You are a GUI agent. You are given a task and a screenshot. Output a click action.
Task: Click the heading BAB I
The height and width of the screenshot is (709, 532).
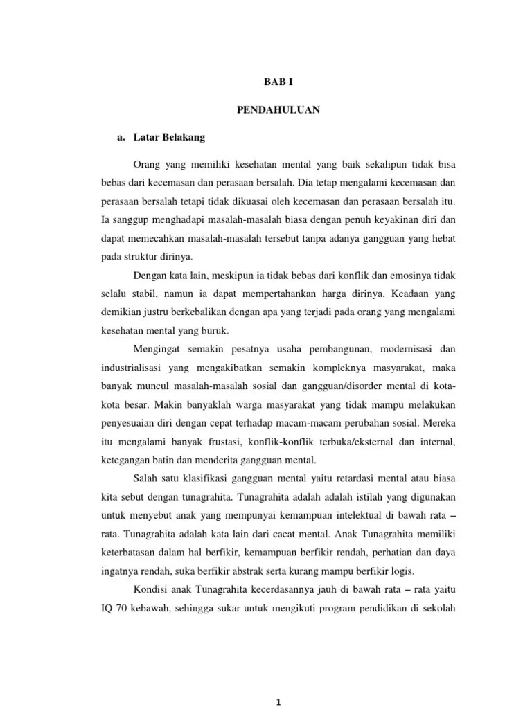[275, 81]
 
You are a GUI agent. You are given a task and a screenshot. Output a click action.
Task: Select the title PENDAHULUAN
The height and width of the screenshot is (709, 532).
[275, 109]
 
